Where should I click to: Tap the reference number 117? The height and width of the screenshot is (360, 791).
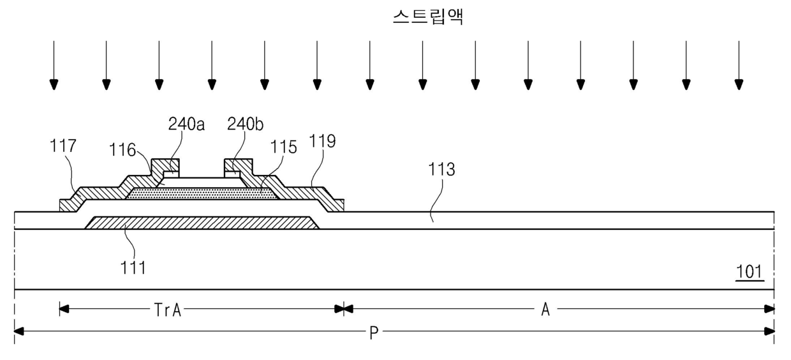pos(63,146)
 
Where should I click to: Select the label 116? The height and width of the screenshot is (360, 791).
pos(122,151)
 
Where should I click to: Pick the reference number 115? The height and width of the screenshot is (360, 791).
pos(283,147)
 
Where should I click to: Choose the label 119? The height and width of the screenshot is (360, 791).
pos(323,141)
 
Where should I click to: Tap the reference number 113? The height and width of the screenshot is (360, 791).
pos(442,169)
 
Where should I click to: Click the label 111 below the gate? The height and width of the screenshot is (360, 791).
pos(134,268)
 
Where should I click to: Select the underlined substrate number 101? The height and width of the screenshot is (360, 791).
pos(749,272)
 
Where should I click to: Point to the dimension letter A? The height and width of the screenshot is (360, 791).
pos(545,310)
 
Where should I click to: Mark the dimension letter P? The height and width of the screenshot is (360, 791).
pos(374,332)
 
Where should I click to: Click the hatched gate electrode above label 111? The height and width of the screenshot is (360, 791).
pos(202,222)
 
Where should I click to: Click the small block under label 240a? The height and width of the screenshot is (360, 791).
pos(170,173)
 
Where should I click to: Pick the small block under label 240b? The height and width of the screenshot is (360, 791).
pos(233,173)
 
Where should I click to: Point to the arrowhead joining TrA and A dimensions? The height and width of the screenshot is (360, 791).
pos(344,310)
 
